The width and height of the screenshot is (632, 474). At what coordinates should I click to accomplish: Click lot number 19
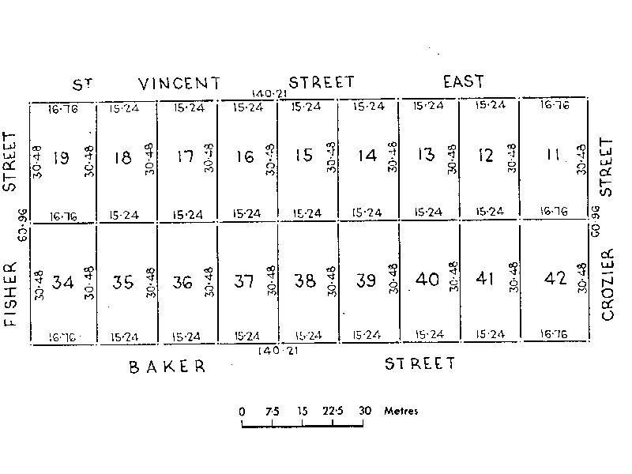[x=61, y=158]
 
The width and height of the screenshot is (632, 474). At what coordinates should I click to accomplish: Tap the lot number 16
[x=245, y=156]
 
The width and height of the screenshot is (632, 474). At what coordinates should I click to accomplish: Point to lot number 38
[x=305, y=281]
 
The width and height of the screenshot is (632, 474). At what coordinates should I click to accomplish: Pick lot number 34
[x=62, y=282]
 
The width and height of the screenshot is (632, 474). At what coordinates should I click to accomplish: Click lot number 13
[x=427, y=154]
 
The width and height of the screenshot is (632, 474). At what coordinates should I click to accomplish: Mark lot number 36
[x=182, y=282]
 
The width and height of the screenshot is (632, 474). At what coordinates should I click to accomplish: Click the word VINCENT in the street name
[x=179, y=84]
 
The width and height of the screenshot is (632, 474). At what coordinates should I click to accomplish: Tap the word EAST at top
[x=463, y=81]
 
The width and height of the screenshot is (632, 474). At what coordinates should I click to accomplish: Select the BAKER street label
[x=167, y=367]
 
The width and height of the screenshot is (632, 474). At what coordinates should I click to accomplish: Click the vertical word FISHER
[x=10, y=289]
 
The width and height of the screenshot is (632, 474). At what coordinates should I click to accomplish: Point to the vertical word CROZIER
[x=608, y=284]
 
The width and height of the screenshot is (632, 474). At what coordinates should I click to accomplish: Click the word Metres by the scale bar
[x=401, y=411]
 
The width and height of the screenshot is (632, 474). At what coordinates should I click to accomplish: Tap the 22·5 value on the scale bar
[x=333, y=411]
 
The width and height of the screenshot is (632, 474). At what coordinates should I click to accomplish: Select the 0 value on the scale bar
[x=242, y=411]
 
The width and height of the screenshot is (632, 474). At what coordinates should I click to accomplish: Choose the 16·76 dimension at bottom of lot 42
[x=553, y=335]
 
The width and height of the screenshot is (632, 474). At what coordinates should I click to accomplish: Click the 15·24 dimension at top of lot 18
[x=125, y=107]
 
